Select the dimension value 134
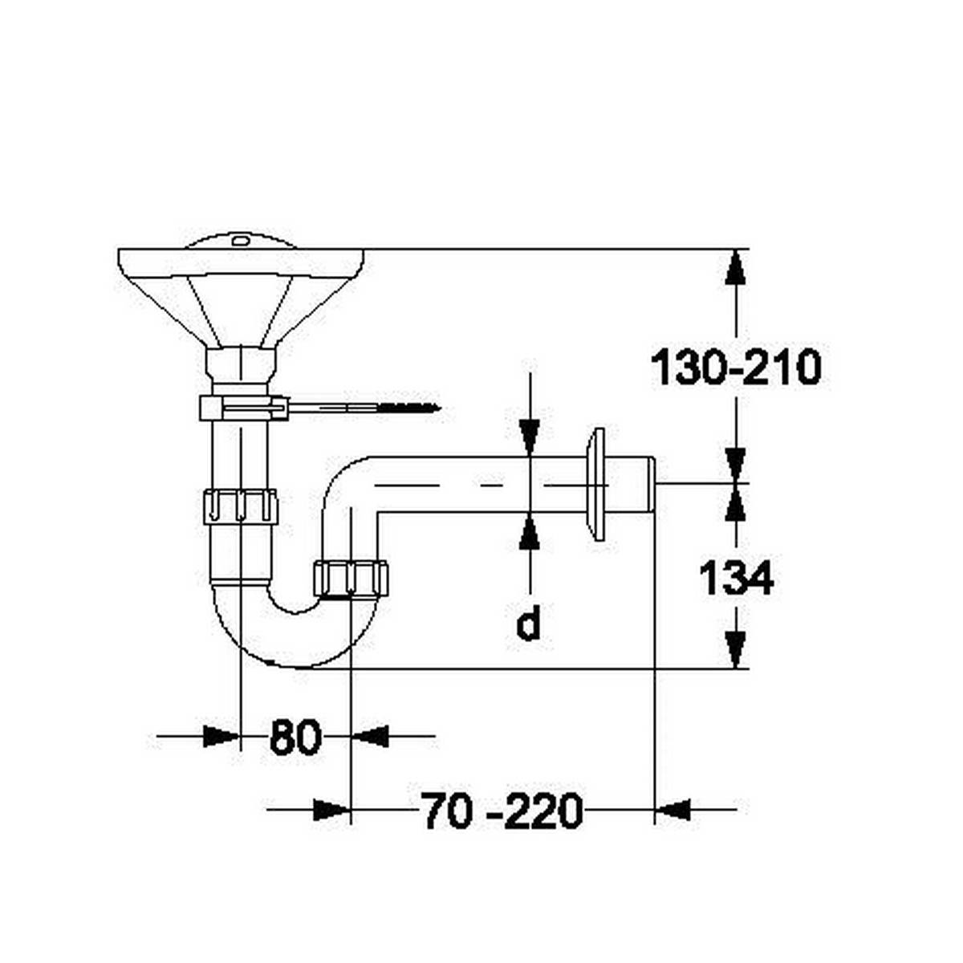[736, 578]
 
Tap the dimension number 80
[295, 737]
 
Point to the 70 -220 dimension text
[501, 811]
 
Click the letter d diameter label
[527, 624]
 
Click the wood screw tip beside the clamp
[433, 408]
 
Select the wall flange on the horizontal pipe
[596, 484]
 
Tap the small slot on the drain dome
[240, 239]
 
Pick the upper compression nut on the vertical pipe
[240, 506]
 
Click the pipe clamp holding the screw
[242, 408]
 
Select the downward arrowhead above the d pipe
[529, 437]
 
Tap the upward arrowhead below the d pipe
[529, 531]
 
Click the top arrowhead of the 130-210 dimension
[736, 266]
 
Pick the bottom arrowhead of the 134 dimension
[736, 650]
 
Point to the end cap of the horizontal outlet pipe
[651, 484]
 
